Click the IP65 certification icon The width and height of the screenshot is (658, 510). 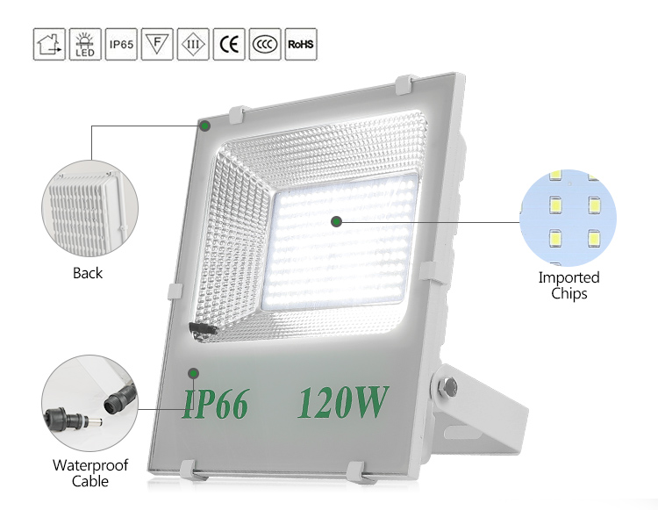click(120, 44)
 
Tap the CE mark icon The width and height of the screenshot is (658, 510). click(228, 44)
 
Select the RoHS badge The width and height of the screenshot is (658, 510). click(300, 44)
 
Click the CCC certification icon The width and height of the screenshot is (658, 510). click(264, 44)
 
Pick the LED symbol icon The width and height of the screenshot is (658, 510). click(84, 44)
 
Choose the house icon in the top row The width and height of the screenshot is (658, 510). click(48, 44)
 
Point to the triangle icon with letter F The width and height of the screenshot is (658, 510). click(156, 44)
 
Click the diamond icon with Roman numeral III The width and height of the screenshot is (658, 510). click(192, 44)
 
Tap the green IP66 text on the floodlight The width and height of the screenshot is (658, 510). click(216, 403)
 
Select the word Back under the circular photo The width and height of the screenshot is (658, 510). click(88, 274)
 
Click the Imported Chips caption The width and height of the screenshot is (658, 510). click(569, 285)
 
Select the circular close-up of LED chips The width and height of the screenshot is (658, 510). click(568, 217)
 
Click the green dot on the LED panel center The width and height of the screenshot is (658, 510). click(335, 221)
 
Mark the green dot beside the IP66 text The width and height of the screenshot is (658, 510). click(193, 374)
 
